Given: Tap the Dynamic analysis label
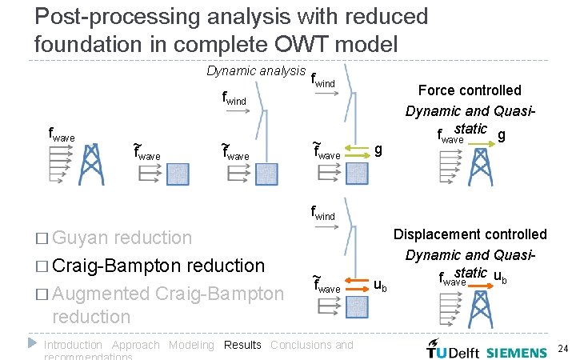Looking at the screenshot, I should (x=256, y=70).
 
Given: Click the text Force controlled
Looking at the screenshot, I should (x=470, y=90).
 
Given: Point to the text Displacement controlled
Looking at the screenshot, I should (x=470, y=234).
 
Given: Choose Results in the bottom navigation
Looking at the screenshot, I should (x=242, y=345).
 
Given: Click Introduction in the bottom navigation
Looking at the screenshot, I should (x=73, y=345).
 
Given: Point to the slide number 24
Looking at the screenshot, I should (x=562, y=349).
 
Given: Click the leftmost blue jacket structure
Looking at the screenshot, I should (x=91, y=165).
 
